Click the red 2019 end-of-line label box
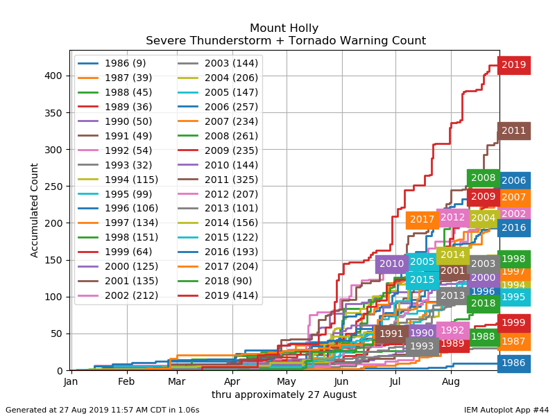(514, 65)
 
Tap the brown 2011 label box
(514, 130)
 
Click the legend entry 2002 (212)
(125, 295)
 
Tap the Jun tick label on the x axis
(341, 381)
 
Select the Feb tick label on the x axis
(126, 381)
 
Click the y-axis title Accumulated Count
(35, 210)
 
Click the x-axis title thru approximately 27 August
(284, 395)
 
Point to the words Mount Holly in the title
(284, 28)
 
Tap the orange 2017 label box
(422, 220)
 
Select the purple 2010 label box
(392, 263)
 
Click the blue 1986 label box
(514, 363)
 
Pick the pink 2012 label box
(452, 217)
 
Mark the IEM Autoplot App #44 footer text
(506, 410)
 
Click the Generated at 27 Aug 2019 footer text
(102, 410)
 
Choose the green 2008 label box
(484, 178)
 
